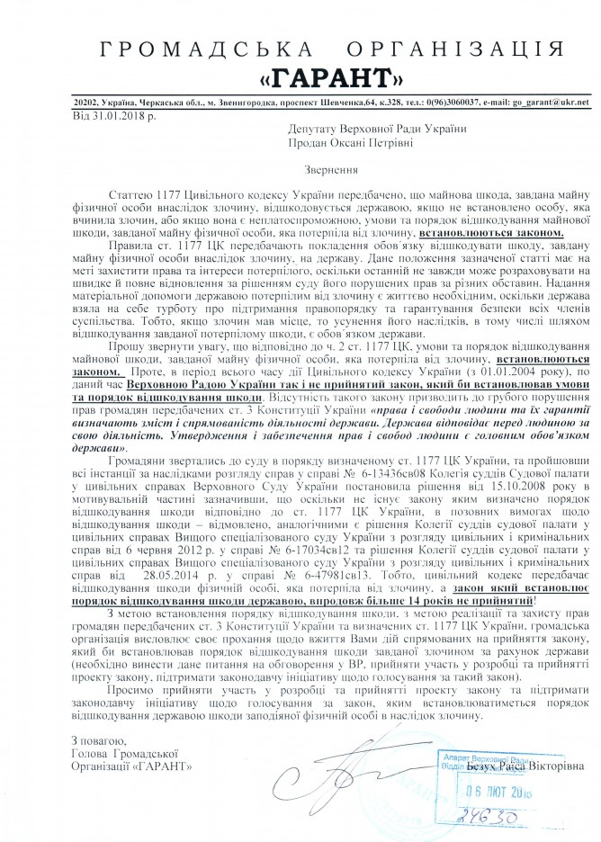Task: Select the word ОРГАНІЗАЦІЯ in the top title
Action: point(422,35)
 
